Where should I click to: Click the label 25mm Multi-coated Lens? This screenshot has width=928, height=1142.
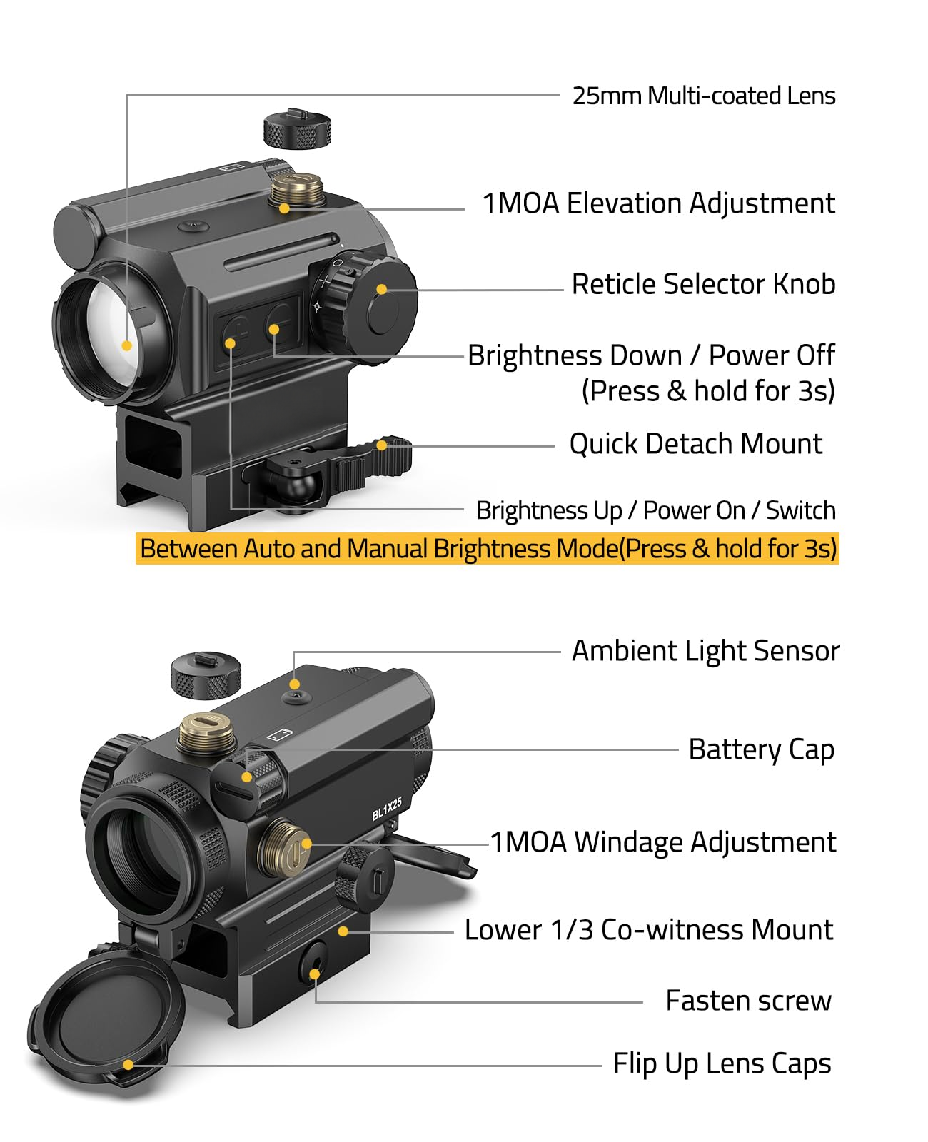[x=703, y=96]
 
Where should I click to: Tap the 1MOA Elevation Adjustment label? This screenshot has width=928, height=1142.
[x=658, y=203]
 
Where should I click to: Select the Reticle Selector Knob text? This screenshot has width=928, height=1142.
[x=703, y=284]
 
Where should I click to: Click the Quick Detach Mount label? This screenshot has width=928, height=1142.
[x=695, y=445]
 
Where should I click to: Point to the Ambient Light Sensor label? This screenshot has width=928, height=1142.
[x=705, y=651]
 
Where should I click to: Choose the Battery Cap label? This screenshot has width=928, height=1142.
[x=761, y=749]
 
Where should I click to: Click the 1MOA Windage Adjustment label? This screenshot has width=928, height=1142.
[x=663, y=842]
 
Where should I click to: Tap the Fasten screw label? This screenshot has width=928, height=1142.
[x=748, y=1001]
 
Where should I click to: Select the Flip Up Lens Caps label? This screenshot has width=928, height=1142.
[x=722, y=1063]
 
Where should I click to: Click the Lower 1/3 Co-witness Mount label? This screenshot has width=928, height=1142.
[x=649, y=929]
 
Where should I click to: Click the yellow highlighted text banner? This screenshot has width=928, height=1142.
[x=488, y=548]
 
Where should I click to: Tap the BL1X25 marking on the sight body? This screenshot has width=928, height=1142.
[x=386, y=809]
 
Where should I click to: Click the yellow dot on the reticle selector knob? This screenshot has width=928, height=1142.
[x=382, y=290]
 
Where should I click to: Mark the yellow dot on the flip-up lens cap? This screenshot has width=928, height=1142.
[x=128, y=1065]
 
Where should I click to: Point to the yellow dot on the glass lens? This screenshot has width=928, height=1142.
[x=126, y=346]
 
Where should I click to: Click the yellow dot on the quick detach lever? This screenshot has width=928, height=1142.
[x=381, y=445]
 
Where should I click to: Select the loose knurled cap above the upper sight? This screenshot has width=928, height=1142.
[x=297, y=128]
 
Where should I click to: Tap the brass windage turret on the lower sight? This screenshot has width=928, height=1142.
[x=284, y=848]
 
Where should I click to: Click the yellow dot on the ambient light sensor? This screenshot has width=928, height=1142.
[x=294, y=684]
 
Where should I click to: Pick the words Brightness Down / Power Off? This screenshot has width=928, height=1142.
[x=651, y=355]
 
